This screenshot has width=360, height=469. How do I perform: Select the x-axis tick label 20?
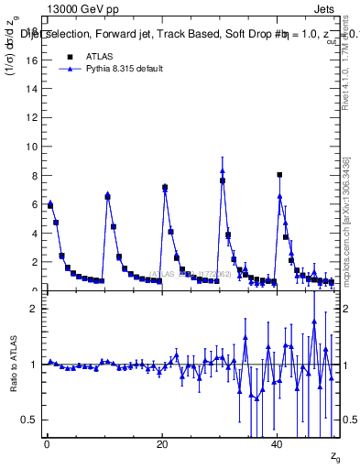point(162,444)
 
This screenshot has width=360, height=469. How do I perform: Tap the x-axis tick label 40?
point(278,444)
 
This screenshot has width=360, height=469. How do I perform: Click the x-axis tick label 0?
point(47,444)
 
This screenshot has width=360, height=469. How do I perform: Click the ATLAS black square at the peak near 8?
point(279,175)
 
